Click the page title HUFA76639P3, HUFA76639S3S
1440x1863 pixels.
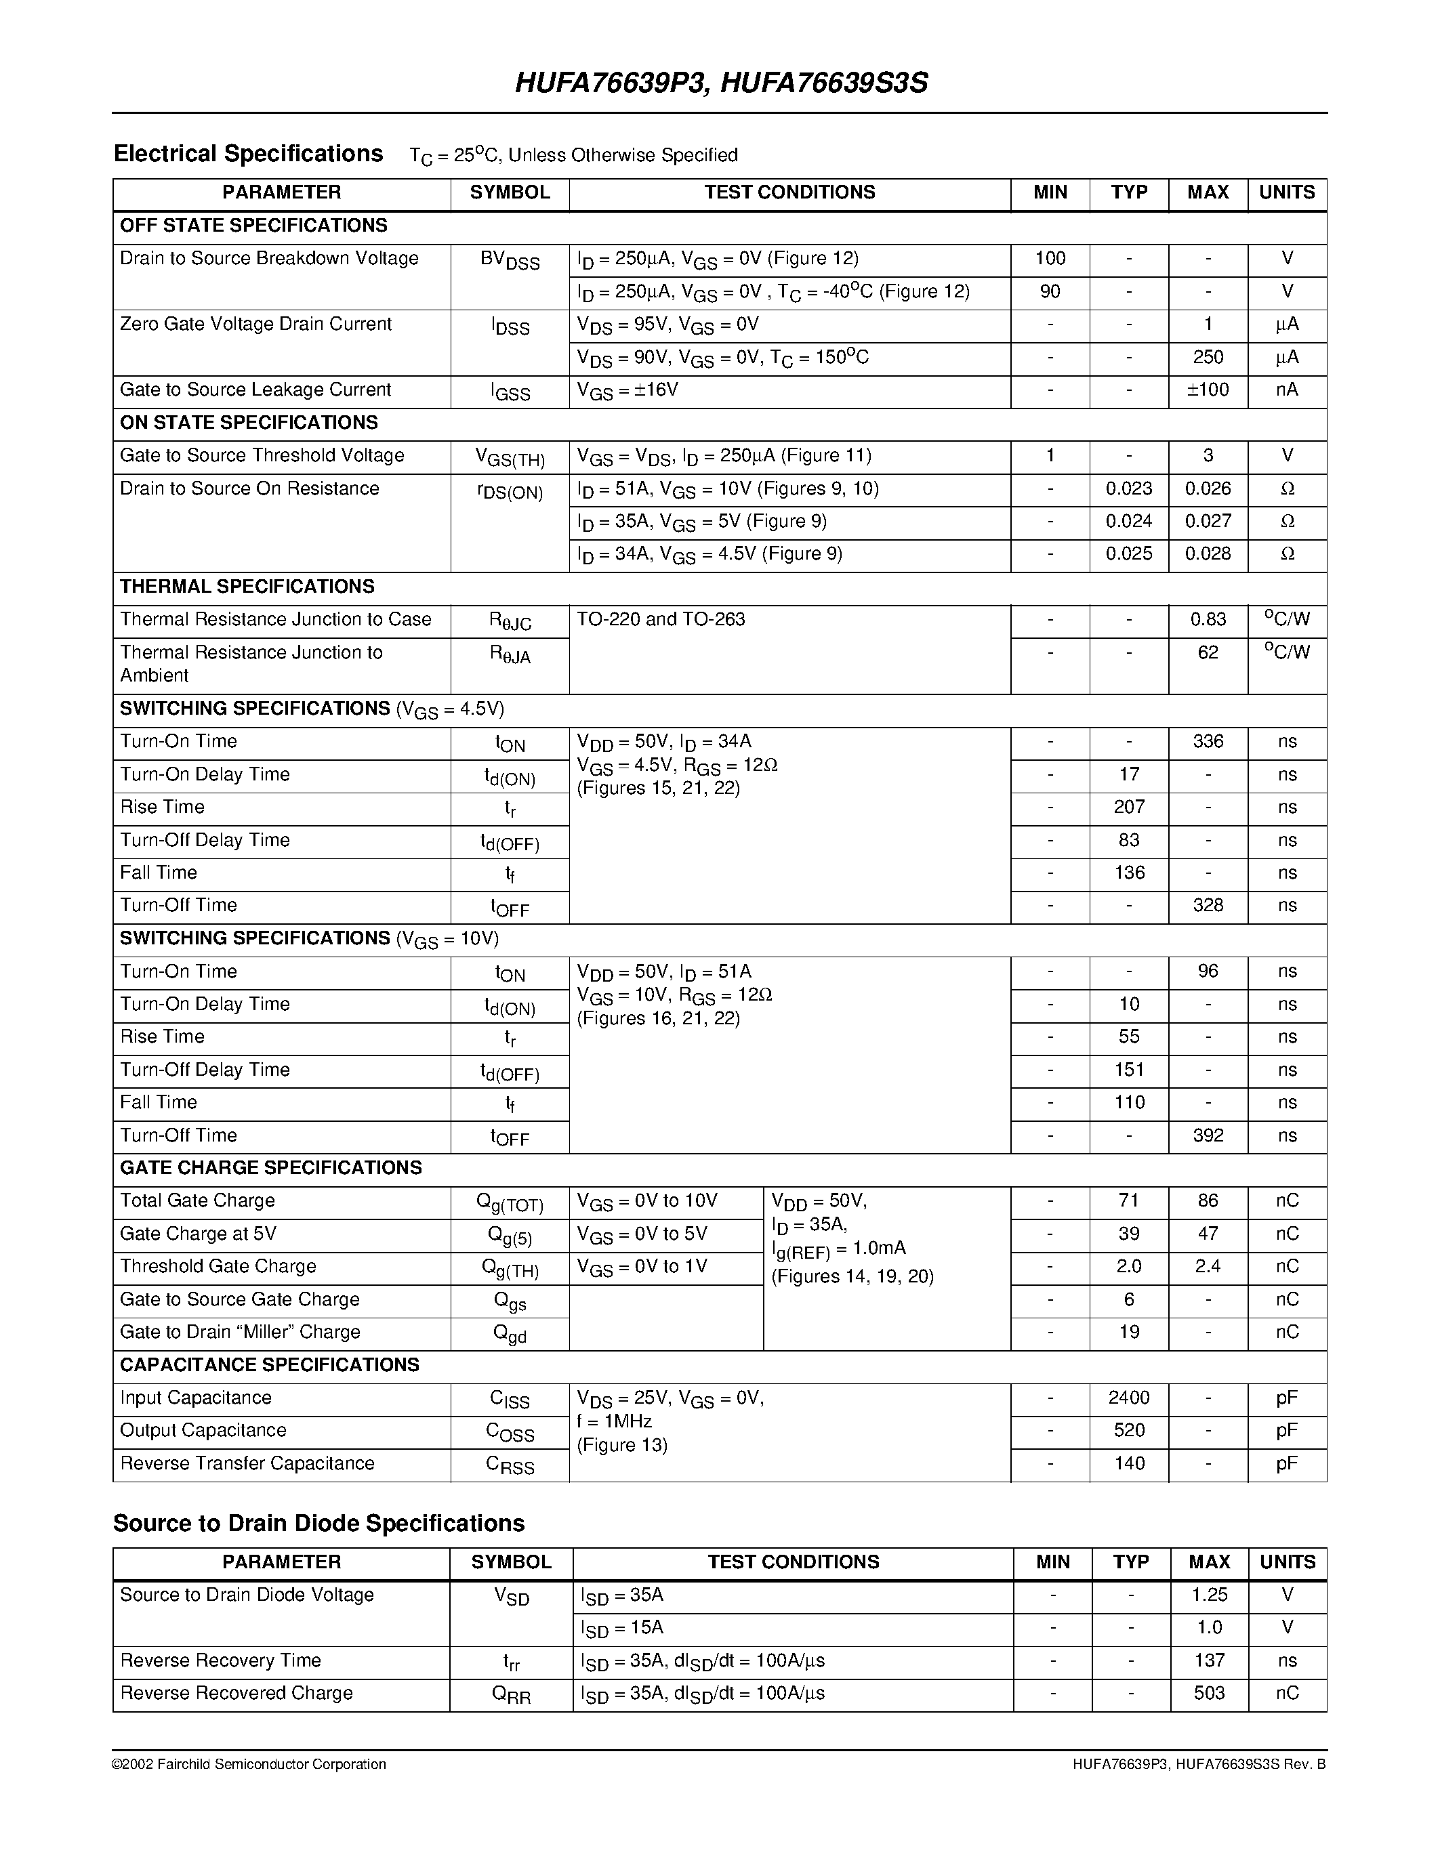(x=721, y=83)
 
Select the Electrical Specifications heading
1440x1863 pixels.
(x=248, y=154)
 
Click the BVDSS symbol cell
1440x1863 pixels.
(x=510, y=260)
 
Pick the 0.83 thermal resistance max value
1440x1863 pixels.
(x=1208, y=619)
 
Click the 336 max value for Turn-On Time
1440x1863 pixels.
(x=1208, y=741)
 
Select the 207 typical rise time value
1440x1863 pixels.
(x=1129, y=807)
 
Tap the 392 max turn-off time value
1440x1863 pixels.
(x=1208, y=1135)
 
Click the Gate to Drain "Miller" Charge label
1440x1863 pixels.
(x=240, y=1332)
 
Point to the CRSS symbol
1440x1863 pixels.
(x=510, y=1465)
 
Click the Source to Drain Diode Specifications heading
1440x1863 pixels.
(x=318, y=1524)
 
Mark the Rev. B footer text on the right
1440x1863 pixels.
(x=1199, y=1764)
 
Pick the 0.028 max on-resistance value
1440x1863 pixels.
(x=1208, y=553)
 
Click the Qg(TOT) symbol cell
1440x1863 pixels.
(x=510, y=1202)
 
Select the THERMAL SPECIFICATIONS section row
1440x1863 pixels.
(x=247, y=587)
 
